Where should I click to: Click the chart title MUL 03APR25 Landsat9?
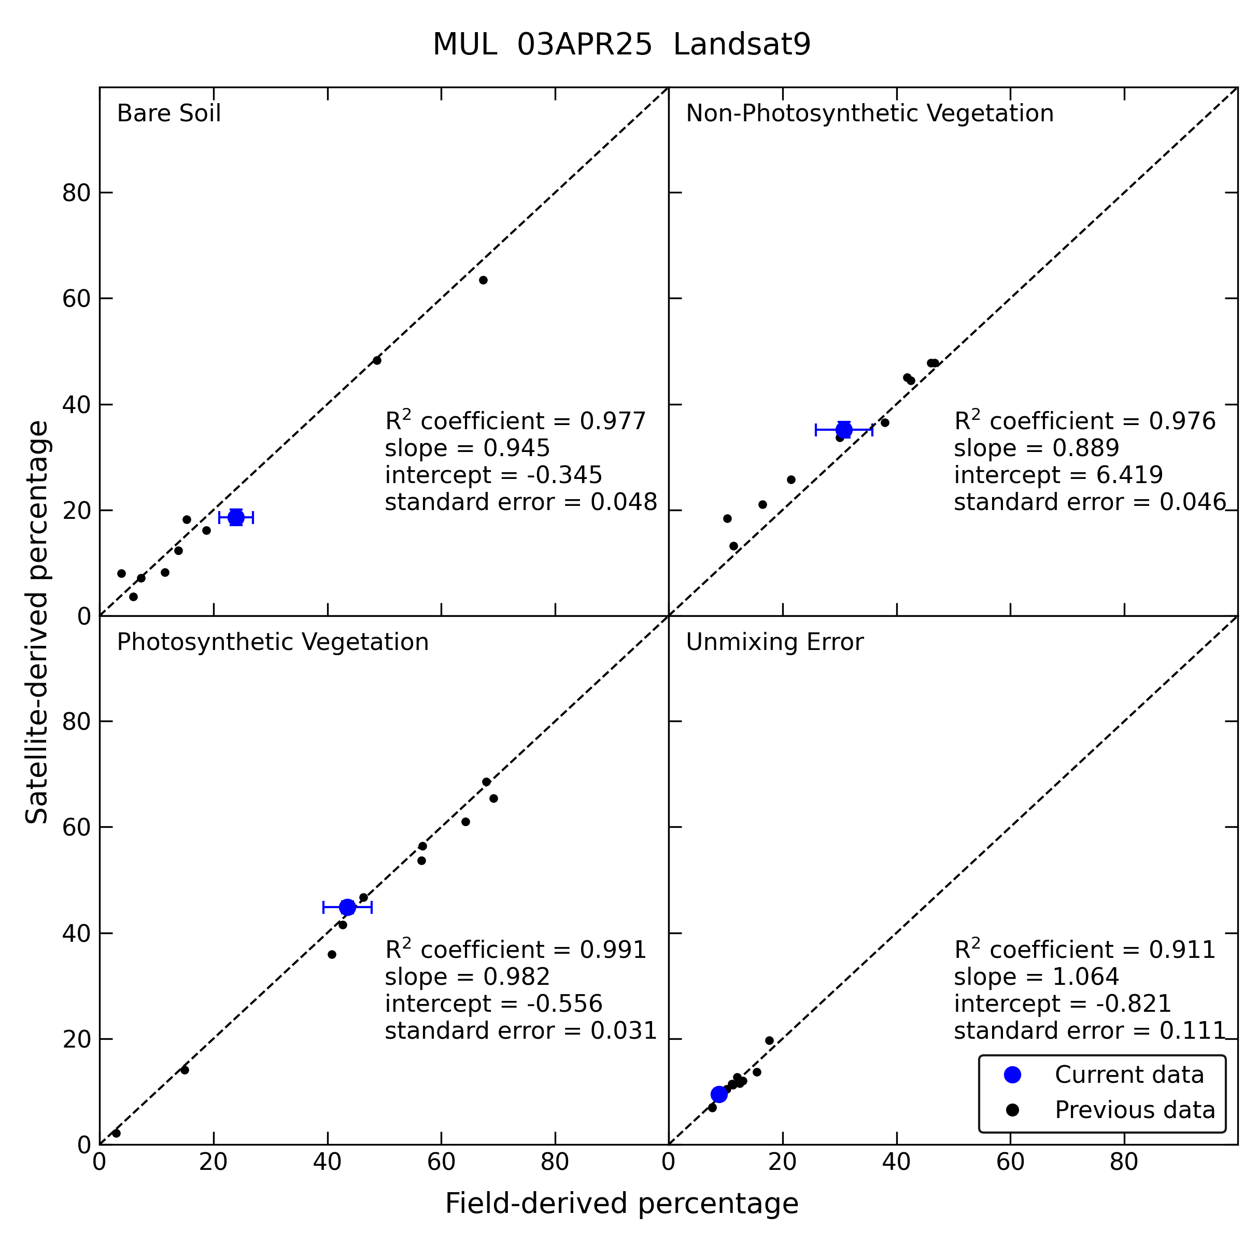point(621,45)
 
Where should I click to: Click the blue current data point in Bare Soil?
point(236,517)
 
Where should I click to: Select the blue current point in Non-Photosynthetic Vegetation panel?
point(844,430)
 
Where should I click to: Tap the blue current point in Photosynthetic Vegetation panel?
point(348,907)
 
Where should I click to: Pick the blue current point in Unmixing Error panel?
point(719,1095)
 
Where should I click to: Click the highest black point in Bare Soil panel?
point(484,280)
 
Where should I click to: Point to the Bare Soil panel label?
point(168,114)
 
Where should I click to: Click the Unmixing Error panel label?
point(774,643)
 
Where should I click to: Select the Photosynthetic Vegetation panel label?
point(272,643)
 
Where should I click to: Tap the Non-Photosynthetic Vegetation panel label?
point(870,114)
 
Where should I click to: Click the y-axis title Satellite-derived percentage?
point(37,622)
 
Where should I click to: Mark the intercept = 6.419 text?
point(1058,475)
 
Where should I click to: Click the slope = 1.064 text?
point(1037,977)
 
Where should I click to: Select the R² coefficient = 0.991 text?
point(516,950)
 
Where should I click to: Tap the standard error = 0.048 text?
point(521,502)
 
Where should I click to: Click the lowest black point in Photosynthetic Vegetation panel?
point(117,1133)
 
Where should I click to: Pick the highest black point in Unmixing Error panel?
point(769,1040)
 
